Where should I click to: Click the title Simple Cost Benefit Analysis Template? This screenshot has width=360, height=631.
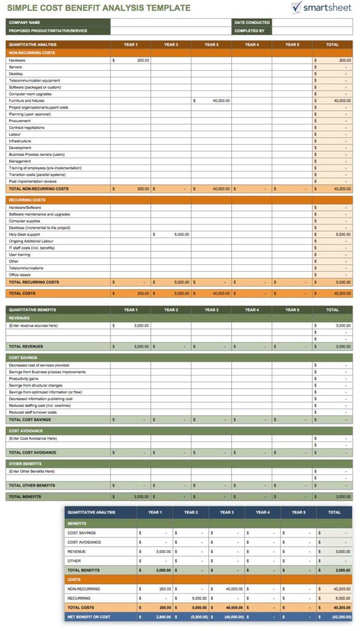pyautogui.click(x=98, y=8)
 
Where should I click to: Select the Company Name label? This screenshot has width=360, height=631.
pyautogui.click(x=25, y=23)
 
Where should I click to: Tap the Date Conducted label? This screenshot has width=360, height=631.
pyautogui.click(x=252, y=23)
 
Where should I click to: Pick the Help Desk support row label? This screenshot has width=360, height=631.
pyautogui.click(x=24, y=234)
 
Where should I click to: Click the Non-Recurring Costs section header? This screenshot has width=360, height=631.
pyautogui.click(x=31, y=53)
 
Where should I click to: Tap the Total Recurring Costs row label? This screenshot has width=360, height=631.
pyautogui.click(x=34, y=282)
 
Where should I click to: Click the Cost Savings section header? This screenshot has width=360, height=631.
pyautogui.click(x=23, y=357)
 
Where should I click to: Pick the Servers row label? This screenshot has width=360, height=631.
pyautogui.click(x=15, y=67)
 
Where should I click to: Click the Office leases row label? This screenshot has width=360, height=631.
pyautogui.click(x=20, y=275)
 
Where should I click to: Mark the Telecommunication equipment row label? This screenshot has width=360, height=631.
pyautogui.click(x=34, y=80)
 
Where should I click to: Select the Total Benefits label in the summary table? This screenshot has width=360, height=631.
pyautogui.click(x=83, y=570)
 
